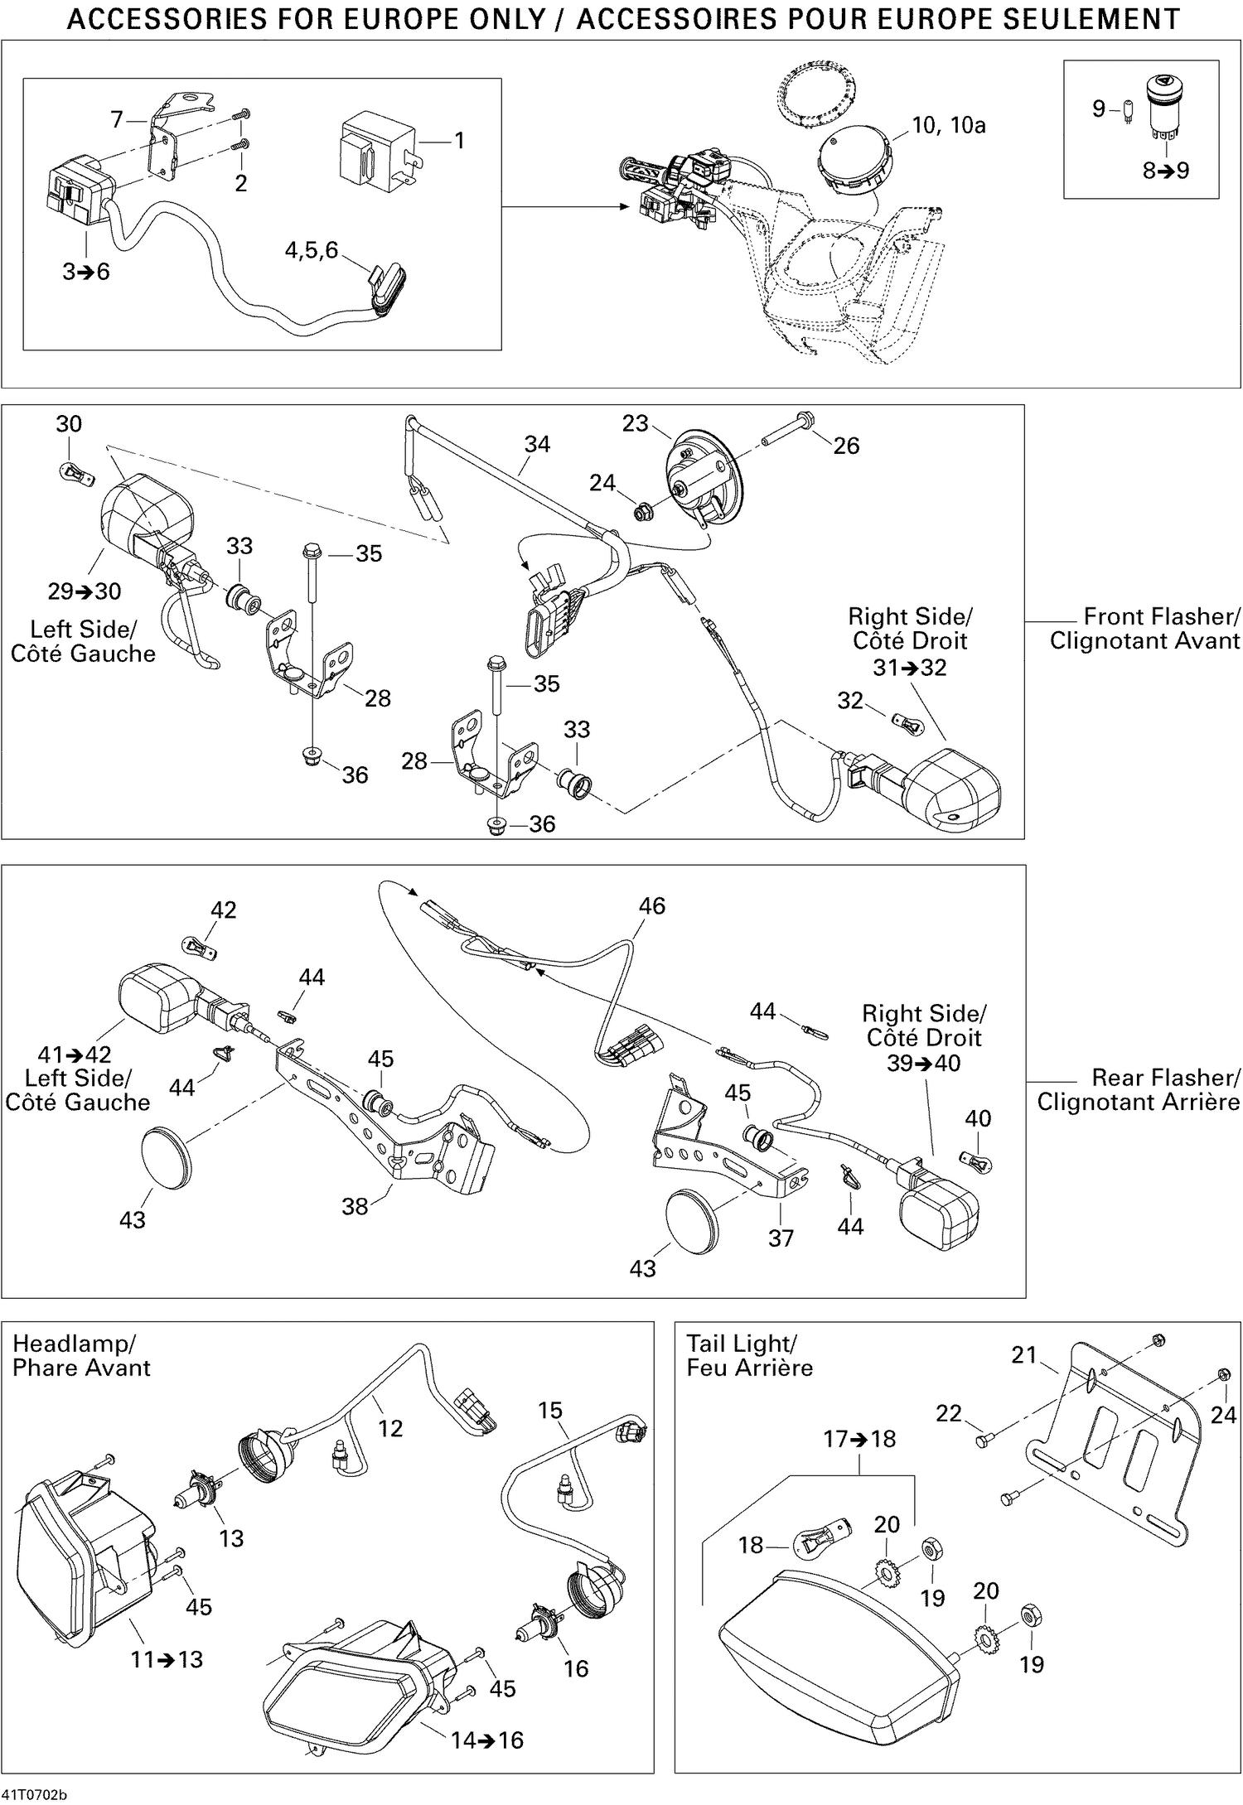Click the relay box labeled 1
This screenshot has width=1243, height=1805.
377,149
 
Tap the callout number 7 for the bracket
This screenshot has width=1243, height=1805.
118,120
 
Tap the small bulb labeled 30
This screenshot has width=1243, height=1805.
78,474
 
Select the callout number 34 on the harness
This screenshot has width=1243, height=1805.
537,445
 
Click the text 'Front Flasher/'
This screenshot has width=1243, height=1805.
1161,617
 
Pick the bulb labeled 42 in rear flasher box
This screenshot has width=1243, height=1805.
199,947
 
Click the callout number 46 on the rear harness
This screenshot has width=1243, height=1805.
651,906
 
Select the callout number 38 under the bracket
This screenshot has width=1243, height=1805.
355,1206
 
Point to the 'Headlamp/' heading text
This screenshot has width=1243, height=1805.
74,1344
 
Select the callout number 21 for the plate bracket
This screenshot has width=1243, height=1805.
1024,1355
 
